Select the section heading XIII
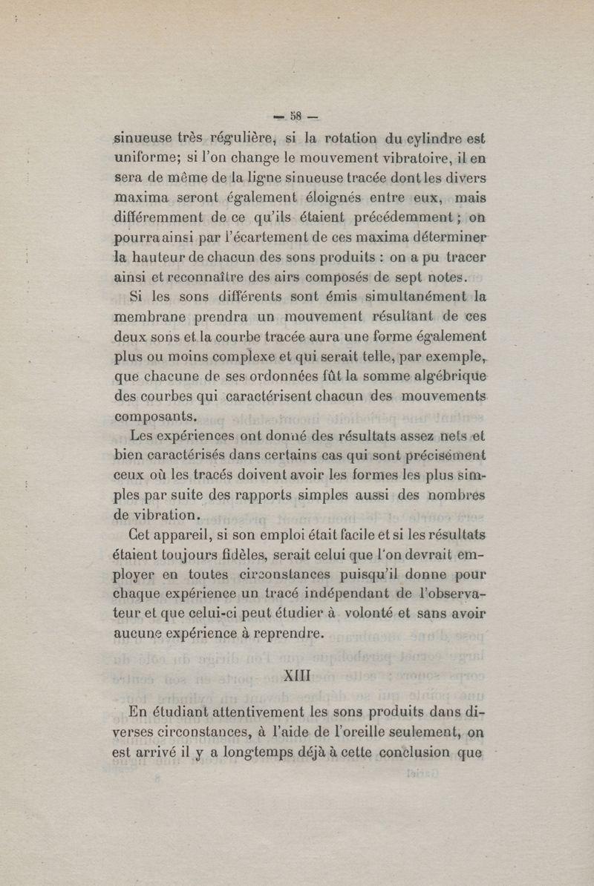pyautogui.click(x=297, y=677)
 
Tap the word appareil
pyautogui.click(x=192, y=534)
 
